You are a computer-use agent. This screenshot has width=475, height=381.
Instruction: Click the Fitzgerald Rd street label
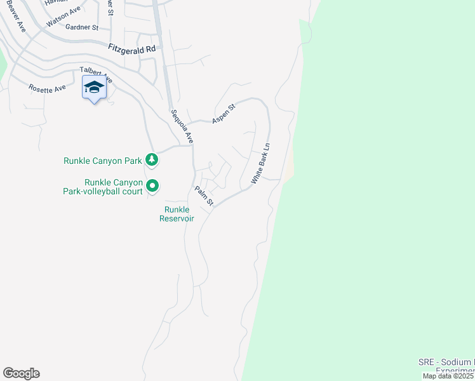132,48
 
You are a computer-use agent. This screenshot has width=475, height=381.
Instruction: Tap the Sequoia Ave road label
181,126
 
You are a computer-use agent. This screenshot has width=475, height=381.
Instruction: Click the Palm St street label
204,196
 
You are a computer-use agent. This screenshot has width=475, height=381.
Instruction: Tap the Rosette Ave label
47,88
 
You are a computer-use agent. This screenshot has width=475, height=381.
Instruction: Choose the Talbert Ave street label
96,76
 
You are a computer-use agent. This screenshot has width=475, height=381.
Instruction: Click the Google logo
21,373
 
